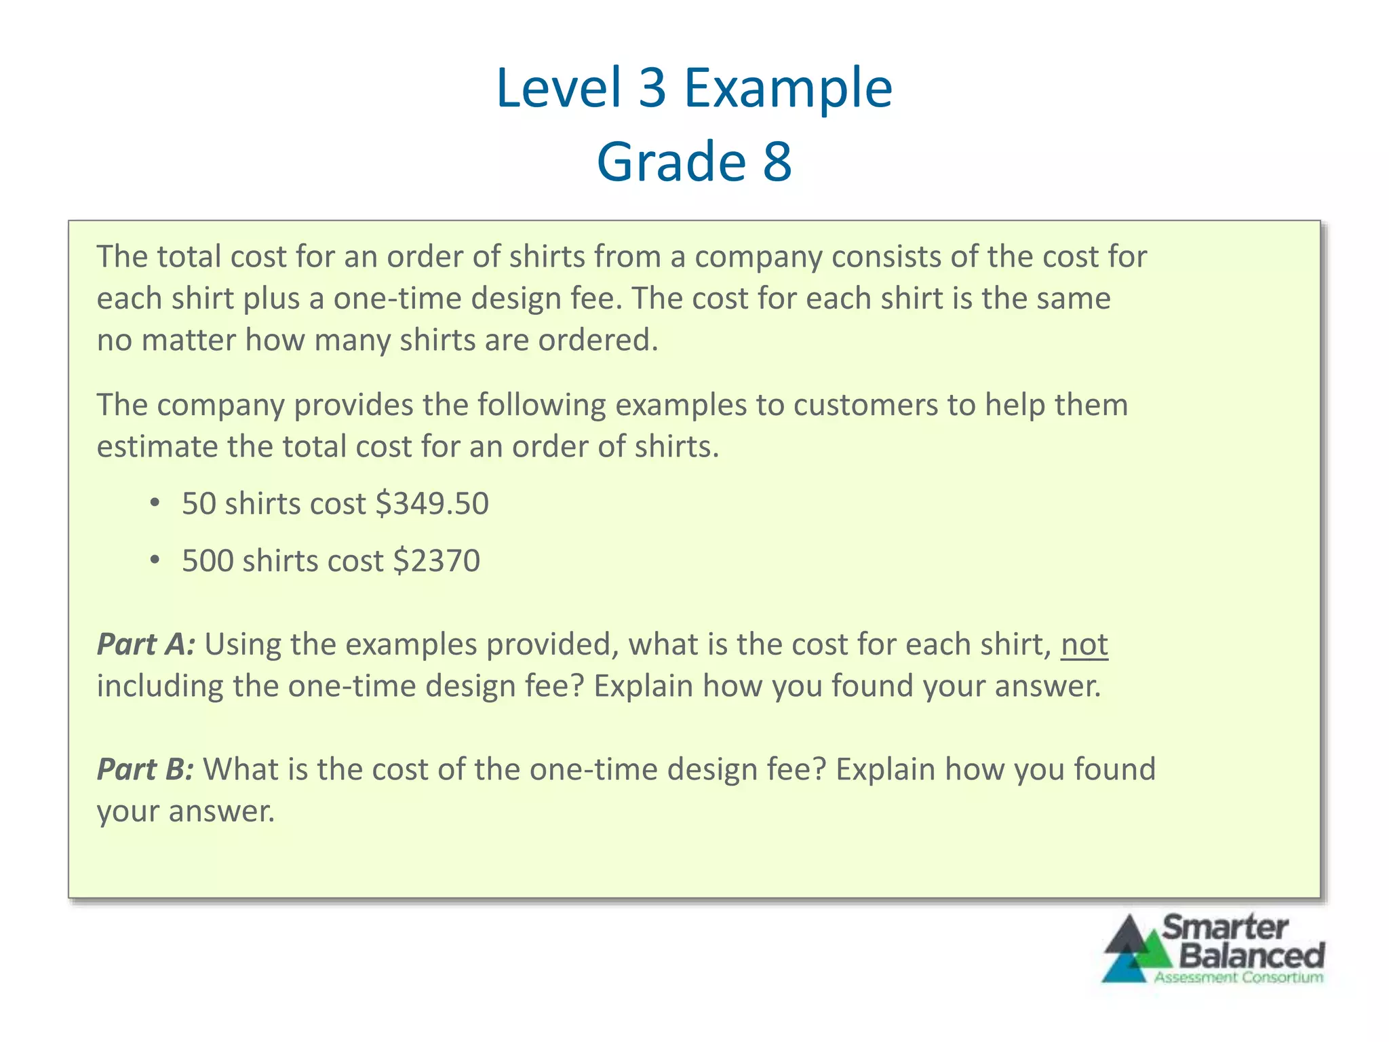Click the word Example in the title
tap(788, 88)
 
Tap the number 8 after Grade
tap(777, 161)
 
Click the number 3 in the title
tap(652, 88)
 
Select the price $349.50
tap(432, 504)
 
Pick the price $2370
tap(436, 561)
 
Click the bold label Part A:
tap(146, 644)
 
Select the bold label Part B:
tap(145, 769)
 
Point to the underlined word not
tap(1084, 644)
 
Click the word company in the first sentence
tap(758, 257)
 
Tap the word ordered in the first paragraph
tap(597, 340)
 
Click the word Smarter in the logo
tap(1225, 927)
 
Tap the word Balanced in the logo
tap(1252, 955)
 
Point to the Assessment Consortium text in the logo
tap(1238, 978)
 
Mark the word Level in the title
tap(559, 88)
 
